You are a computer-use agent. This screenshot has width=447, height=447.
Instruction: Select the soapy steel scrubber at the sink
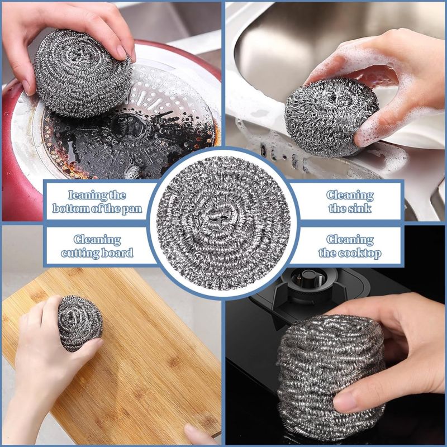tap(331, 117)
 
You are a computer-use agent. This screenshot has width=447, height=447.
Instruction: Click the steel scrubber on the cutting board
tap(80, 323)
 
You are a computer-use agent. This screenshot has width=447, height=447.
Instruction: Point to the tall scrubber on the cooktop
tap(331, 376)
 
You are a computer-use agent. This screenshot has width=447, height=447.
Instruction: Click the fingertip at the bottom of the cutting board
tap(197, 434)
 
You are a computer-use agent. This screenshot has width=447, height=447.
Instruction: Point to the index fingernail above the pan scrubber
tap(122, 52)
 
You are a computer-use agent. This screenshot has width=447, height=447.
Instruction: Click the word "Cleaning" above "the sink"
tap(350, 195)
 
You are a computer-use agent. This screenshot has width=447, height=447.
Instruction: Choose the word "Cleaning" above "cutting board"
tap(97, 240)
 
